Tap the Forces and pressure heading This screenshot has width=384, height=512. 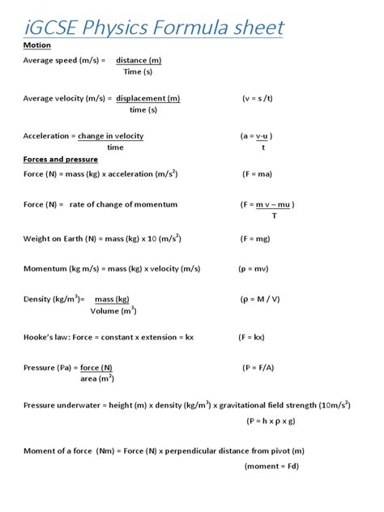59,159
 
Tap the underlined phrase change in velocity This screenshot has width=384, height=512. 110,136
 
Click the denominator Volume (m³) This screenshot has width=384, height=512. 113,310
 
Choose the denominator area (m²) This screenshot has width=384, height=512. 96,378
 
